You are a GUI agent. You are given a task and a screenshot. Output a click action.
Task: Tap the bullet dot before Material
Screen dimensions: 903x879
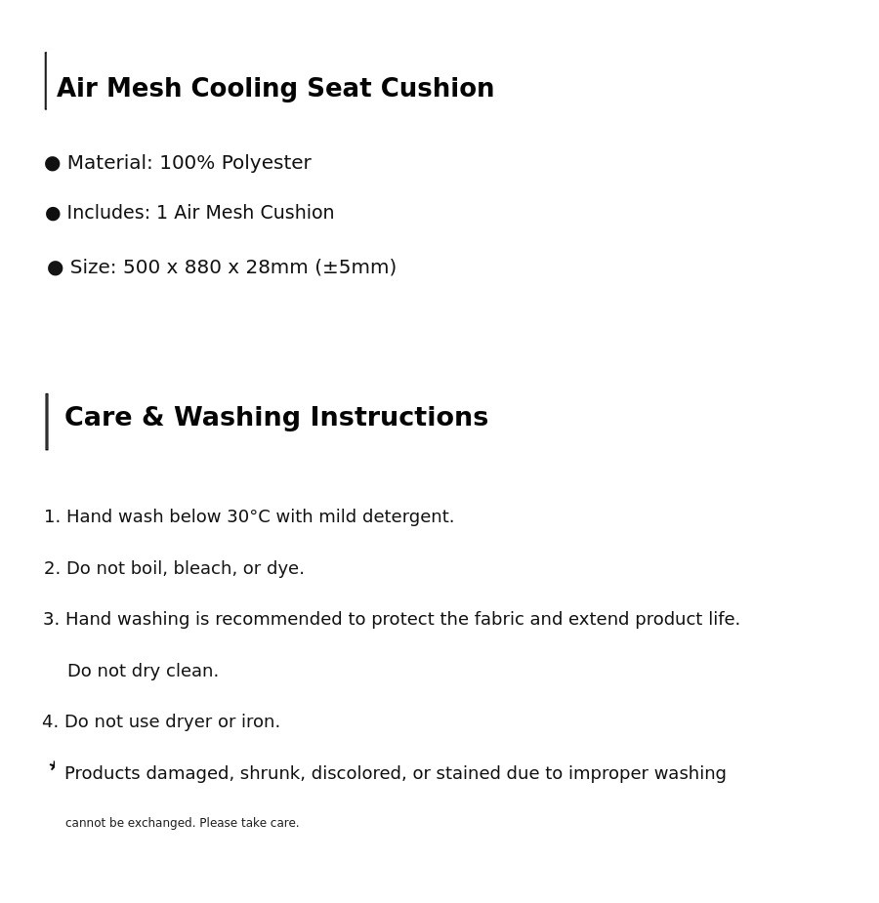click(x=53, y=164)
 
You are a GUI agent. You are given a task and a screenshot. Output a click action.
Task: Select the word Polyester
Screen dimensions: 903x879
click(x=266, y=163)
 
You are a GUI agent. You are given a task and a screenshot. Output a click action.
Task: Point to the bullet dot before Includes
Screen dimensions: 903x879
click(x=53, y=214)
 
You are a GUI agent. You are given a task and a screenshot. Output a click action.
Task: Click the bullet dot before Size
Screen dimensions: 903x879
click(x=56, y=268)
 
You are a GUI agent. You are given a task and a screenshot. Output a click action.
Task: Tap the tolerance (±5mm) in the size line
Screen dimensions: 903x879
click(x=356, y=267)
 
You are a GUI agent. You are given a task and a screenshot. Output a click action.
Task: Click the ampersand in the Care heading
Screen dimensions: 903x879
click(x=152, y=418)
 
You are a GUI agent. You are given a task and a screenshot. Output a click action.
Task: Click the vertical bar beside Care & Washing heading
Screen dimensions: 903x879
click(x=47, y=422)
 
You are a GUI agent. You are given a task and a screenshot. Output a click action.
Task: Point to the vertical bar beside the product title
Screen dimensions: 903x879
click(x=46, y=81)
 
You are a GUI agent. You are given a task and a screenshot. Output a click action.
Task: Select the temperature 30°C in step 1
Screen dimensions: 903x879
click(x=248, y=517)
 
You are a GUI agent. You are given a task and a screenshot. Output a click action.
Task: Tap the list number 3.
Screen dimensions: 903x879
click(x=49, y=620)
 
